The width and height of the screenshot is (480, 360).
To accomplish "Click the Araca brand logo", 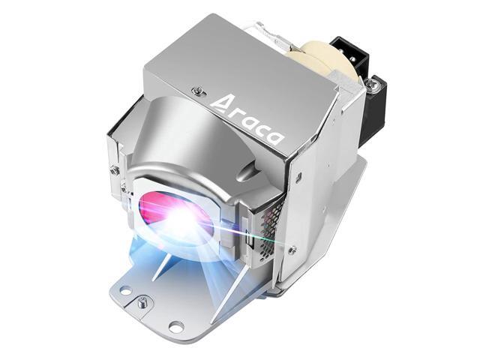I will pyautogui.click(x=248, y=120).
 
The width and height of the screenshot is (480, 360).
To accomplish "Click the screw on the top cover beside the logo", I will pyautogui.click(x=198, y=91).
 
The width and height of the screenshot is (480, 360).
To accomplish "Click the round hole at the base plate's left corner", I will pyautogui.click(x=124, y=289).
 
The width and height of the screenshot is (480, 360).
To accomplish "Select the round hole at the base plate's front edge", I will pyautogui.click(x=176, y=325).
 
